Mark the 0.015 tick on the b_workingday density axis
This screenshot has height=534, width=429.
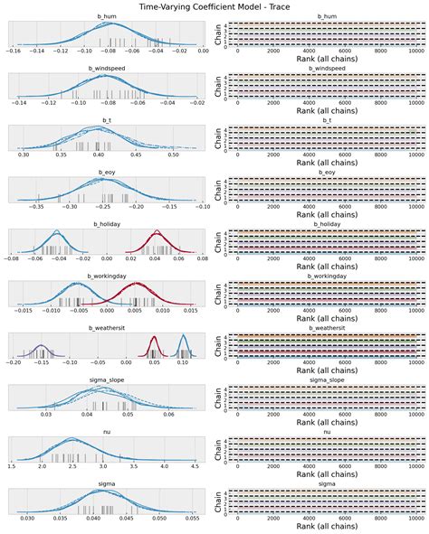click(191, 313)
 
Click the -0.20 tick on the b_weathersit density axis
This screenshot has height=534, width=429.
click(14, 365)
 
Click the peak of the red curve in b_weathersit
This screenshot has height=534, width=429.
click(153, 338)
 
